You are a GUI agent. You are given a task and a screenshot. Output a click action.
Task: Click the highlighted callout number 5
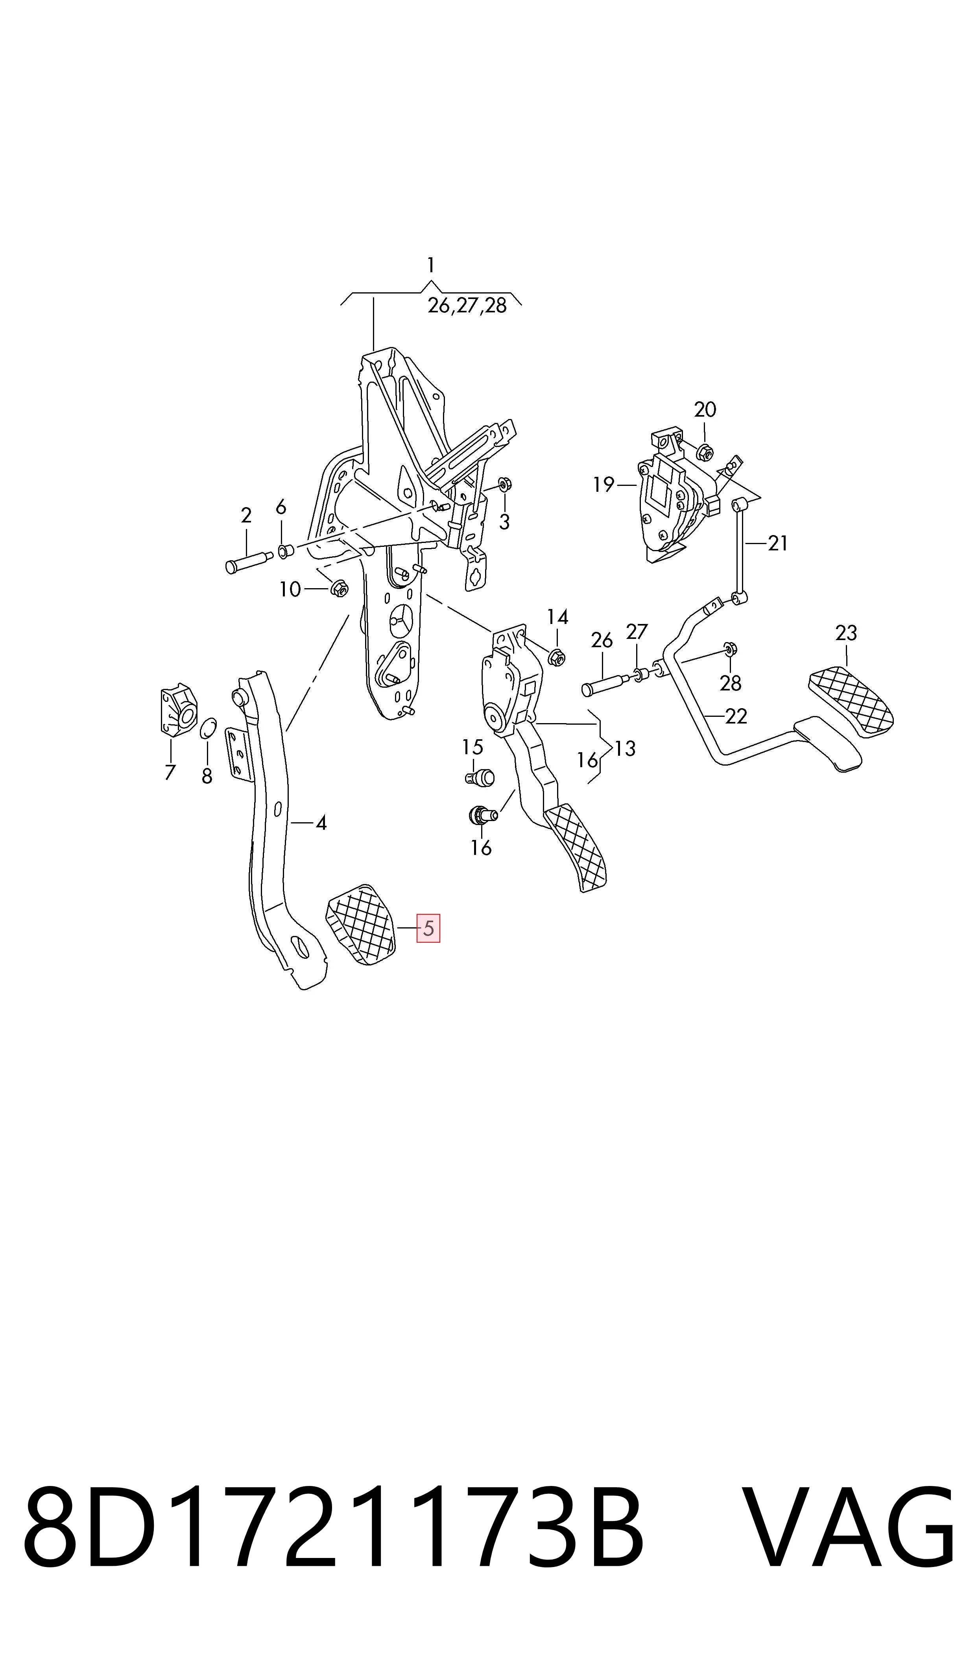(428, 928)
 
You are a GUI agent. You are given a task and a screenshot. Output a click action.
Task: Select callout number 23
(846, 633)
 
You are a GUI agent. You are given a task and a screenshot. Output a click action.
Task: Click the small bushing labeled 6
(284, 550)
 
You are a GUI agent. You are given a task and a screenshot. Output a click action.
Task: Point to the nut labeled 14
(557, 657)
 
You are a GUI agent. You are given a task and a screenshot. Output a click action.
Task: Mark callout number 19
(604, 485)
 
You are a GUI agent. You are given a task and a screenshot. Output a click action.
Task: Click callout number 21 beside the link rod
(778, 543)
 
